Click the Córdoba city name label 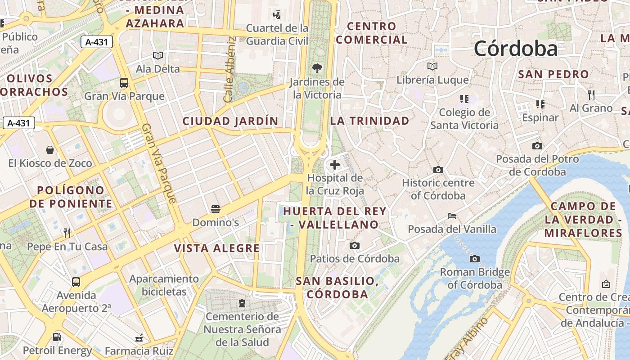(516, 49)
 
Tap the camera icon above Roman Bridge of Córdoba (474, 259)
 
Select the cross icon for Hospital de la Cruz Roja (335, 165)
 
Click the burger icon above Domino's (216, 209)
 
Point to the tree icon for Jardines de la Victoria (317, 68)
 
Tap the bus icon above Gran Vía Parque (124, 83)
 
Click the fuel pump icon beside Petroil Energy (57, 337)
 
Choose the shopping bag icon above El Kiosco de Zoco (50, 150)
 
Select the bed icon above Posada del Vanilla (452, 216)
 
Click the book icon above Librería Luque (432, 67)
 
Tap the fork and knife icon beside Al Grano (591, 94)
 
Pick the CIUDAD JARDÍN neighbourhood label (230, 121)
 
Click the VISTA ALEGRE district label (217, 248)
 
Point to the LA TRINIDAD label (370, 121)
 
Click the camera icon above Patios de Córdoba (355, 245)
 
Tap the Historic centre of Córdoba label (438, 189)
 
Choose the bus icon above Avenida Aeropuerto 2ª (76, 282)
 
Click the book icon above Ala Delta (157, 55)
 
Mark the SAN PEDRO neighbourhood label (553, 74)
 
